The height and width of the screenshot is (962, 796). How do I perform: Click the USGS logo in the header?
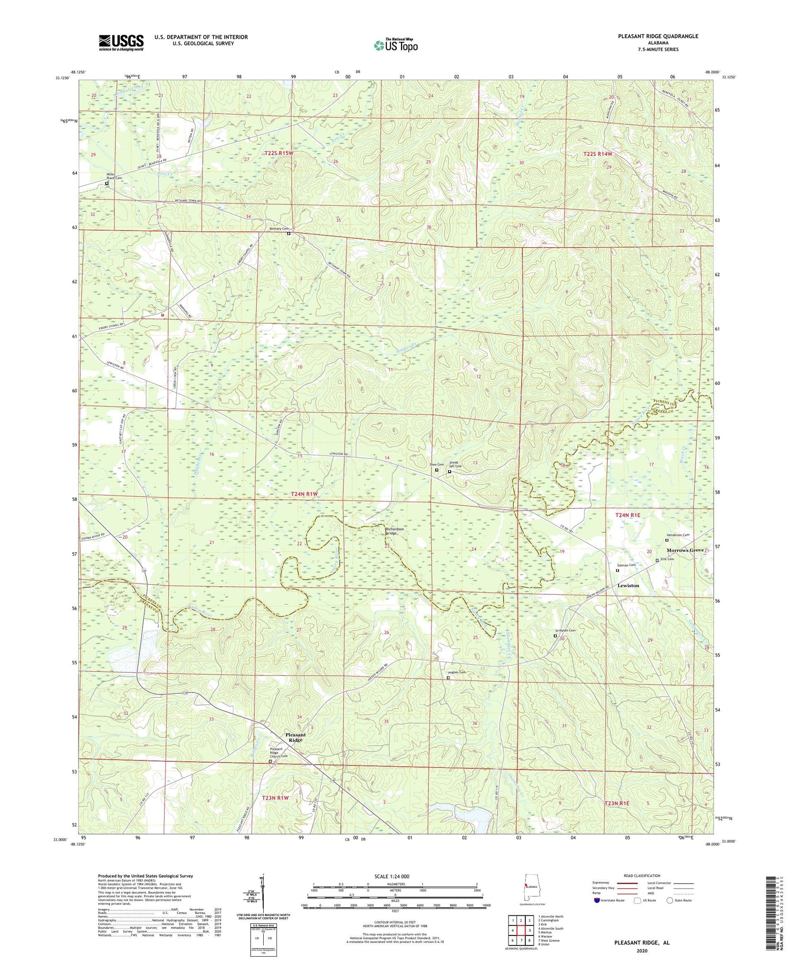pyautogui.click(x=121, y=42)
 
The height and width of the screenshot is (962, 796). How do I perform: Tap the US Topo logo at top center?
pyautogui.click(x=396, y=45)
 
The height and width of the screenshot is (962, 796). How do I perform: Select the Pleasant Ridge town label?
pyautogui.click(x=296, y=737)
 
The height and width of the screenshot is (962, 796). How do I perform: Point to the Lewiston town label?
pyautogui.click(x=628, y=585)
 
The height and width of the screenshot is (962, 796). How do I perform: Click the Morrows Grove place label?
pyautogui.click(x=685, y=550)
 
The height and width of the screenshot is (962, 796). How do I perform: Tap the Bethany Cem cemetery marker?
pyautogui.click(x=289, y=233)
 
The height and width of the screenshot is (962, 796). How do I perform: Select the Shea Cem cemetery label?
pyautogui.click(x=437, y=464)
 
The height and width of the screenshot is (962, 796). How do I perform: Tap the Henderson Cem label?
pyautogui.click(x=678, y=535)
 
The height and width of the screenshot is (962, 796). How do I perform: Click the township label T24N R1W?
pyautogui.click(x=304, y=494)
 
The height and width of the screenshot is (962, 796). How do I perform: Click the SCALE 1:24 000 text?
pyautogui.click(x=395, y=876)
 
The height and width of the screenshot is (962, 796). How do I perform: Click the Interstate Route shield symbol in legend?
pyautogui.click(x=596, y=900)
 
